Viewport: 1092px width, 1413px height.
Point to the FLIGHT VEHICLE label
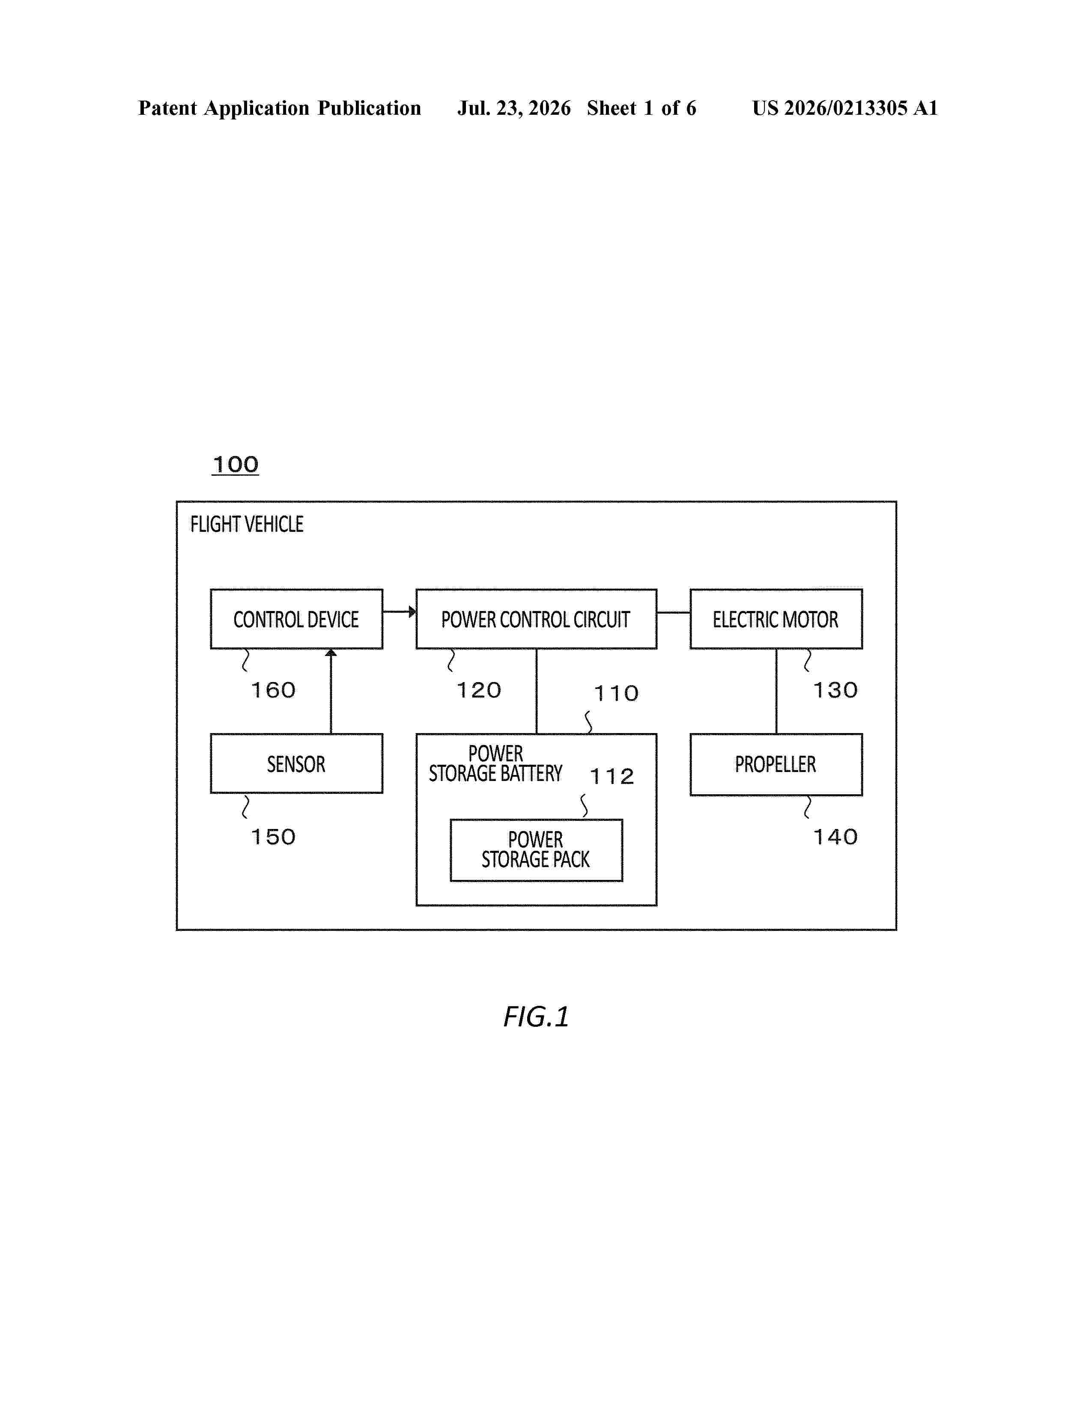pyautogui.click(x=247, y=524)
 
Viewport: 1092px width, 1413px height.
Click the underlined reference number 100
pyautogui.click(x=236, y=465)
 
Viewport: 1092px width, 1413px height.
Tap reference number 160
pyautogui.click(x=274, y=690)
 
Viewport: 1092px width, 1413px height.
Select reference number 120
pyautogui.click(x=479, y=690)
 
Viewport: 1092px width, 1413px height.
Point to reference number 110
pyautogui.click(x=617, y=694)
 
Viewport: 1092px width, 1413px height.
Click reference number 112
pyautogui.click(x=612, y=776)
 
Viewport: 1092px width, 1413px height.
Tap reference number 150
pyautogui.click(x=274, y=837)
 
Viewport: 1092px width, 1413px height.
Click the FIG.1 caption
pyautogui.click(x=536, y=1017)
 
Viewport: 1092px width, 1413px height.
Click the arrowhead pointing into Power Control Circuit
pyautogui.click(x=412, y=611)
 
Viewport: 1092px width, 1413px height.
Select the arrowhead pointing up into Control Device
pyautogui.click(x=331, y=653)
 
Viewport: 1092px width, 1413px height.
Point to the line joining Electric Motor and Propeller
pyautogui.click(x=776, y=691)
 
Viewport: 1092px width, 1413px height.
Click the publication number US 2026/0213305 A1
pyautogui.click(x=845, y=108)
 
